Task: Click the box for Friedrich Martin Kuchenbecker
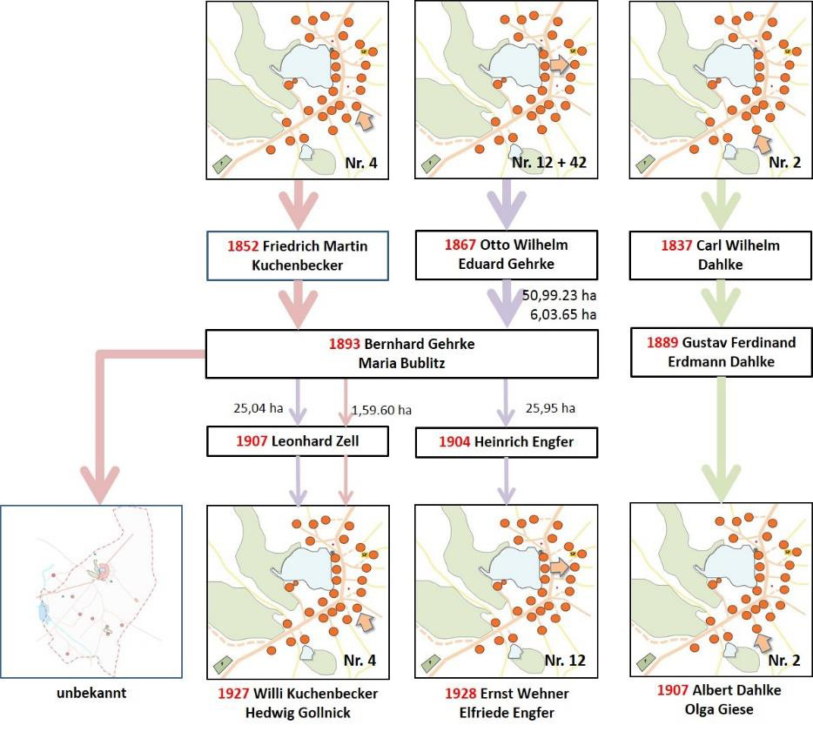click(298, 256)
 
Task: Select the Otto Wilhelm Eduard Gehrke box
click(506, 255)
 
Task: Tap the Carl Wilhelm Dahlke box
click(721, 255)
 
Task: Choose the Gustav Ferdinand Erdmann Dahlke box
click(722, 352)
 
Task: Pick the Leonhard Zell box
click(298, 441)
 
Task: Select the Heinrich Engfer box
click(506, 442)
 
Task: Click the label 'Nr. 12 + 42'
click(549, 163)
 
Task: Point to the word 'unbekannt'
click(91, 693)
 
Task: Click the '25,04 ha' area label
click(259, 408)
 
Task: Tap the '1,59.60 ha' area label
click(381, 410)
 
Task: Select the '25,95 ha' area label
click(550, 408)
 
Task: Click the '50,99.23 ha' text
click(559, 295)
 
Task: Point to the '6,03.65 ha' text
click(563, 315)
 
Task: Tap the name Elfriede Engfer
click(507, 713)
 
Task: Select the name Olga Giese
click(719, 709)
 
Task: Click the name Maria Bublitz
click(402, 363)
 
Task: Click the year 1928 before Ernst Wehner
click(460, 694)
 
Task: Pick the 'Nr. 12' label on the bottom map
click(565, 661)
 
